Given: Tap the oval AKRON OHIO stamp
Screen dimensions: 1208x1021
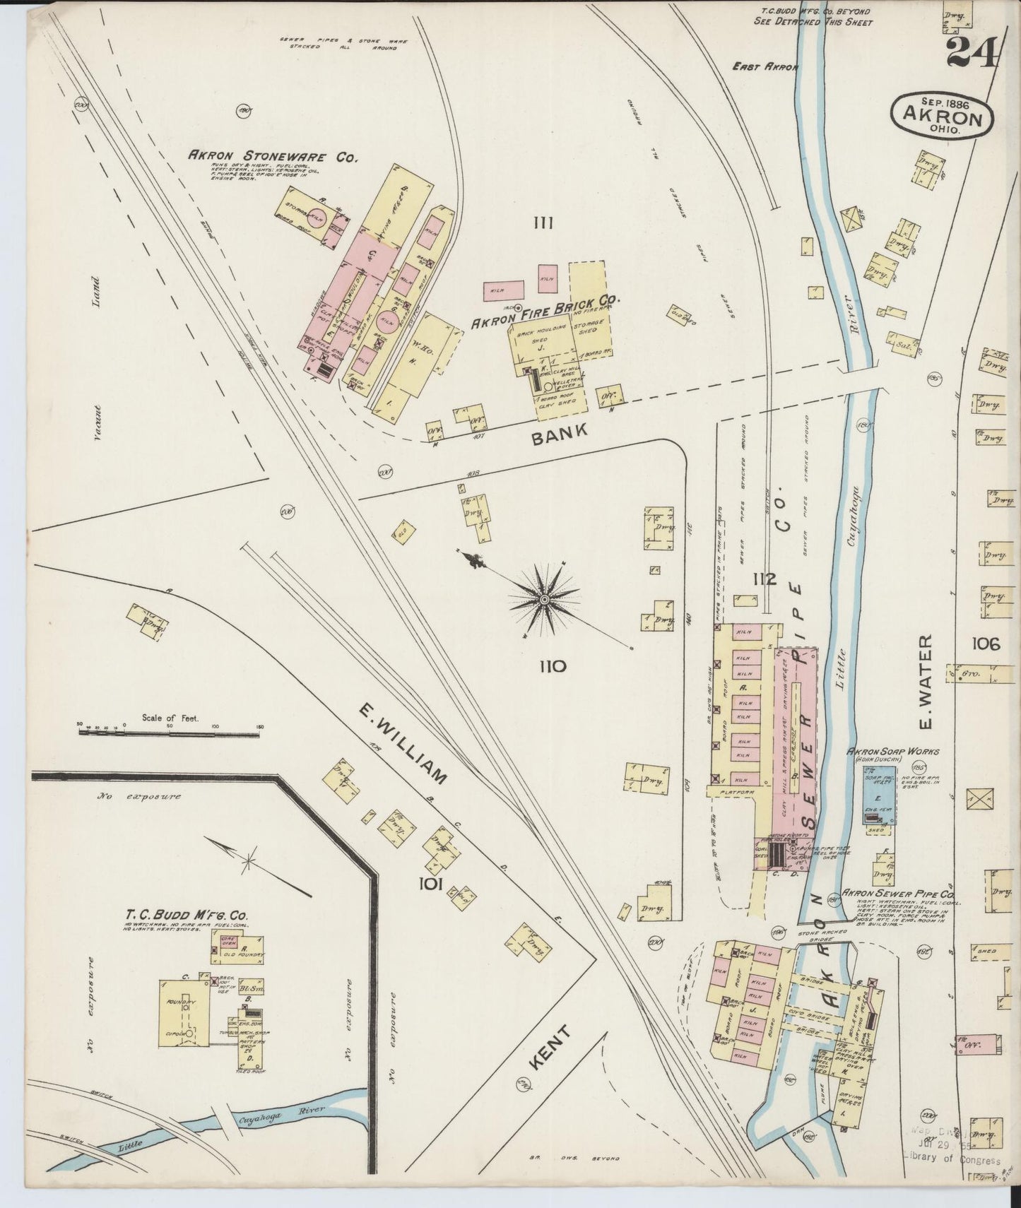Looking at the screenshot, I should (x=944, y=114).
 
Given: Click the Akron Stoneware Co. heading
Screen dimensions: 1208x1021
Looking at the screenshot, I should (x=272, y=157).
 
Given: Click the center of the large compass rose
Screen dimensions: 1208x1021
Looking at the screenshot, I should (x=545, y=600).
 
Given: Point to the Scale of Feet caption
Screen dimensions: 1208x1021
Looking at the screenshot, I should (x=170, y=717).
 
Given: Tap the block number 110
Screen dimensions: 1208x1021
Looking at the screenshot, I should (x=552, y=665).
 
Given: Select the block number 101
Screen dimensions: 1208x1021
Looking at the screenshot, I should (x=430, y=884).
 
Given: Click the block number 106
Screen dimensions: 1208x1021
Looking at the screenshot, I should (x=986, y=644).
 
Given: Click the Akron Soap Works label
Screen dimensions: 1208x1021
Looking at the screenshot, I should (x=893, y=751).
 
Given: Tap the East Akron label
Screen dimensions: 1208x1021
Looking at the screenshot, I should (x=765, y=67).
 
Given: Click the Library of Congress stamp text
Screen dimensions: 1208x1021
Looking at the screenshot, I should (x=951, y=1160).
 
